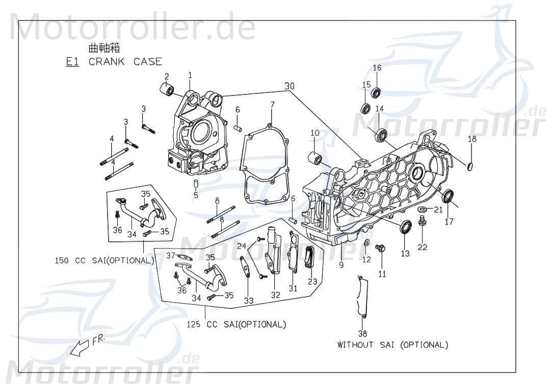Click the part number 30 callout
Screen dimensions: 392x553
coord(289,86)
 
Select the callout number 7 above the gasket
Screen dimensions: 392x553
coord(272,105)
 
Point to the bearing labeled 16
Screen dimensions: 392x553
coord(377,93)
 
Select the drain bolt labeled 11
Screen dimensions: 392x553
coord(380,249)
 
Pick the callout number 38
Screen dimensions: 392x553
coord(362,334)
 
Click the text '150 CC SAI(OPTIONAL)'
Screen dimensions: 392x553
coord(104,260)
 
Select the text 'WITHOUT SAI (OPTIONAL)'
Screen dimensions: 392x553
coord(392,345)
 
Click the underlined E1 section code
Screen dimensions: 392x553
coord(72,62)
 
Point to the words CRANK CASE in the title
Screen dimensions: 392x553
coord(125,62)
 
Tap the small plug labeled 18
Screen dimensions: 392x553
coord(471,164)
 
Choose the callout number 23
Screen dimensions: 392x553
coord(312,281)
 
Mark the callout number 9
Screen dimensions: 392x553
coord(341,265)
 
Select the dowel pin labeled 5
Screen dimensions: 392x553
coord(196,183)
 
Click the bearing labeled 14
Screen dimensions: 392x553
coord(381,135)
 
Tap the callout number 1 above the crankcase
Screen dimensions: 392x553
coord(190,75)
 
